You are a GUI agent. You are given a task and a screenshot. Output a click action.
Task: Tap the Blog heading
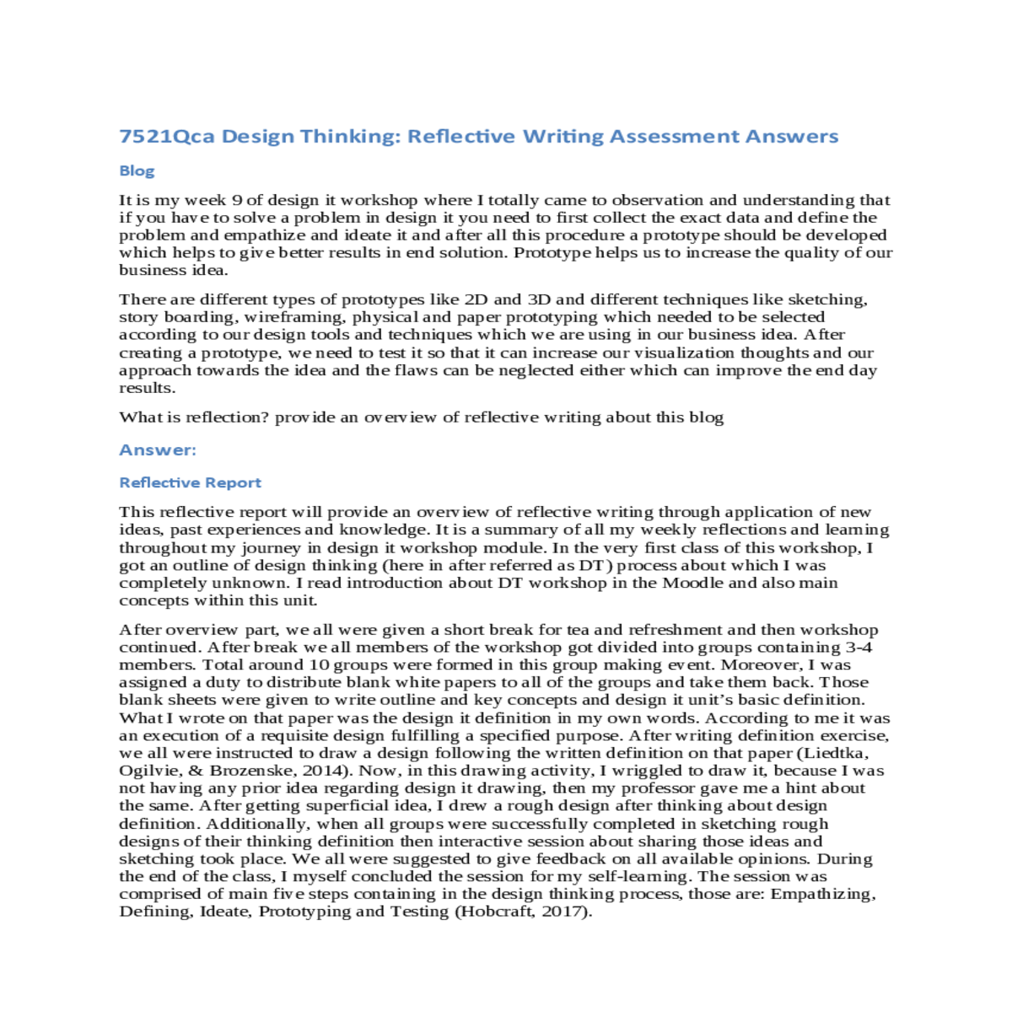point(137,171)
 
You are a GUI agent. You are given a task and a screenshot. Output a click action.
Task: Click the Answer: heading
point(158,450)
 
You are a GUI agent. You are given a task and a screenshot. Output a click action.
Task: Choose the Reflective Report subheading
point(191,483)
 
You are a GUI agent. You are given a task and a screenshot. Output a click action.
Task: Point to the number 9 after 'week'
point(237,201)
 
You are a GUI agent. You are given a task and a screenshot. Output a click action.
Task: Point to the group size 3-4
point(859,648)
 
